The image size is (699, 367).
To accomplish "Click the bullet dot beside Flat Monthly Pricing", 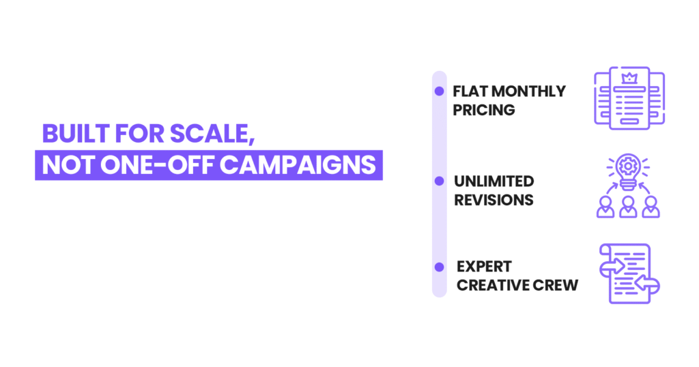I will tap(439, 91).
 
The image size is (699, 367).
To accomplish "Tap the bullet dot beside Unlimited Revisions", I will tap(439, 181).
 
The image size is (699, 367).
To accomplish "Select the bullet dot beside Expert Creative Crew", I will tap(439, 267).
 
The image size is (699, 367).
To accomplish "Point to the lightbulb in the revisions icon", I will tap(628, 167).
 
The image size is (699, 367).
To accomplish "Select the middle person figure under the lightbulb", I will tap(628, 206).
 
